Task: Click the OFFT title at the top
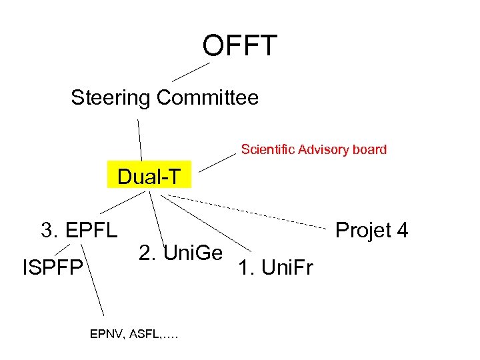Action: [x=239, y=46]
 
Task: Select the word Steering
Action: [x=111, y=98]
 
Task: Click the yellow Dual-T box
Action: [x=149, y=177]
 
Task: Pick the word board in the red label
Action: [x=369, y=149]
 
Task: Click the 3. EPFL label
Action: [x=79, y=231]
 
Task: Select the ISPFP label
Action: [x=53, y=268]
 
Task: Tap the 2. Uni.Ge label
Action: [x=180, y=253]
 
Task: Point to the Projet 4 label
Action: [x=371, y=231]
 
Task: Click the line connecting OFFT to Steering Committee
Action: [x=191, y=71]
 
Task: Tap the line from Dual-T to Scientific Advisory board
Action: [x=218, y=161]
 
